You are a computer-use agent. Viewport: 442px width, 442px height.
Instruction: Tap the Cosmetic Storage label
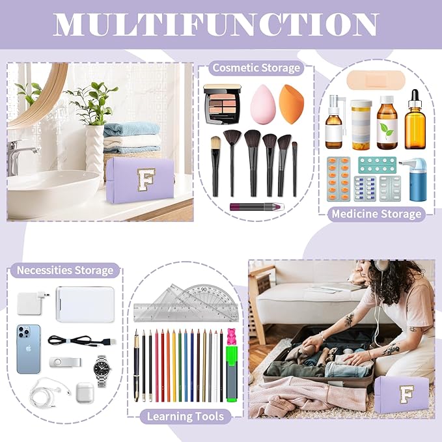click(257, 68)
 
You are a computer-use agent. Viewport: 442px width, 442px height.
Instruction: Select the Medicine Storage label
click(377, 214)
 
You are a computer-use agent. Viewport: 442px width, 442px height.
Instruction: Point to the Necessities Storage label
click(65, 270)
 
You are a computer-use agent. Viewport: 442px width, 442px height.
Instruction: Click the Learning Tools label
click(186, 416)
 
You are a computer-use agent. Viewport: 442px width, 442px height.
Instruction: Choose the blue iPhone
click(28, 349)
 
